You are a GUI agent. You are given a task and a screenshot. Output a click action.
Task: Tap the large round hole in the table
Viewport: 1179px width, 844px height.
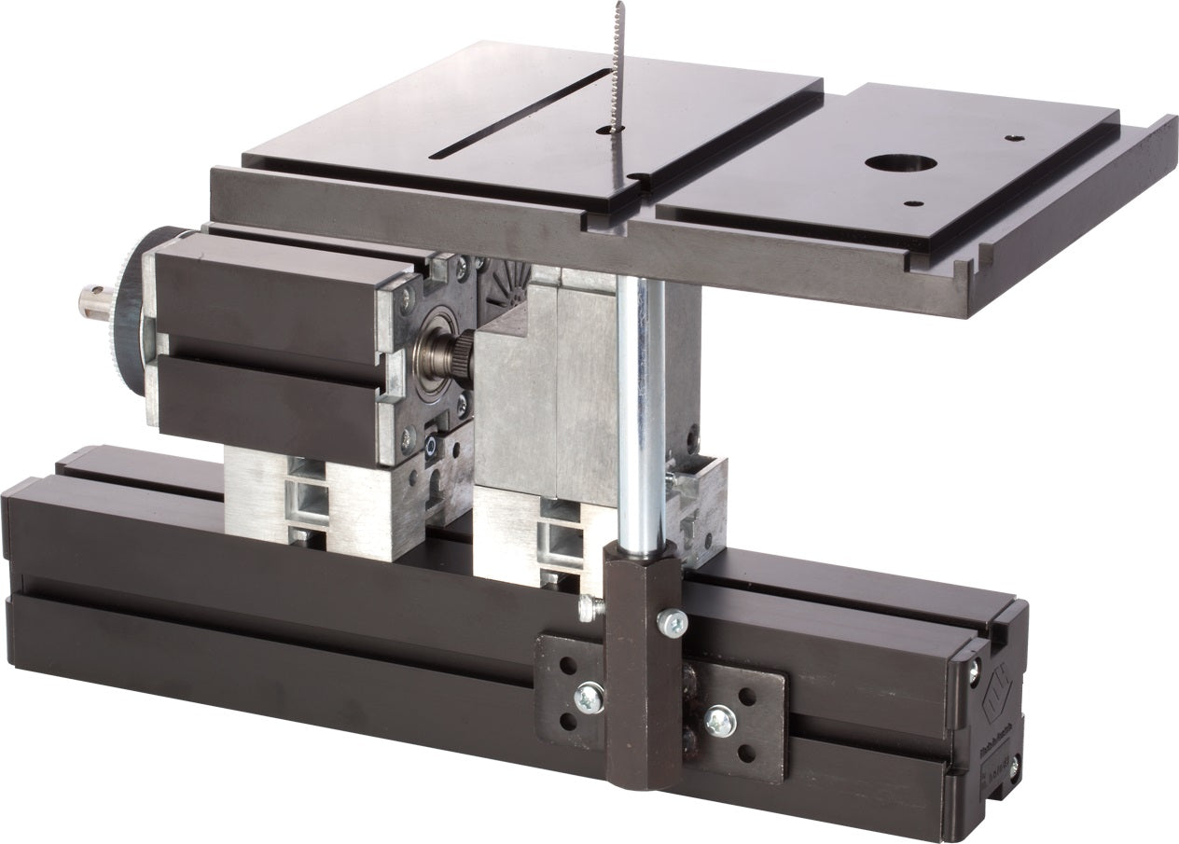pyautogui.click(x=900, y=162)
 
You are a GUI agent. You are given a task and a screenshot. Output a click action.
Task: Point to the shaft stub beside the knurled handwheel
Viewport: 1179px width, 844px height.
pyautogui.click(x=94, y=299)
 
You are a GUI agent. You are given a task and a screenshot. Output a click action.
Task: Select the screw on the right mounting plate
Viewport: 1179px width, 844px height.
pyautogui.click(x=719, y=720)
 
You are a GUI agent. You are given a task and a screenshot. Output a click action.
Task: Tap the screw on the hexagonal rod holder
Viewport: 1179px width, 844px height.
pyautogui.click(x=672, y=622)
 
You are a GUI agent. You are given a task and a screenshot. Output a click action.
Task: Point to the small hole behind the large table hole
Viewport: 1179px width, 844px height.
pyautogui.click(x=1014, y=138)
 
